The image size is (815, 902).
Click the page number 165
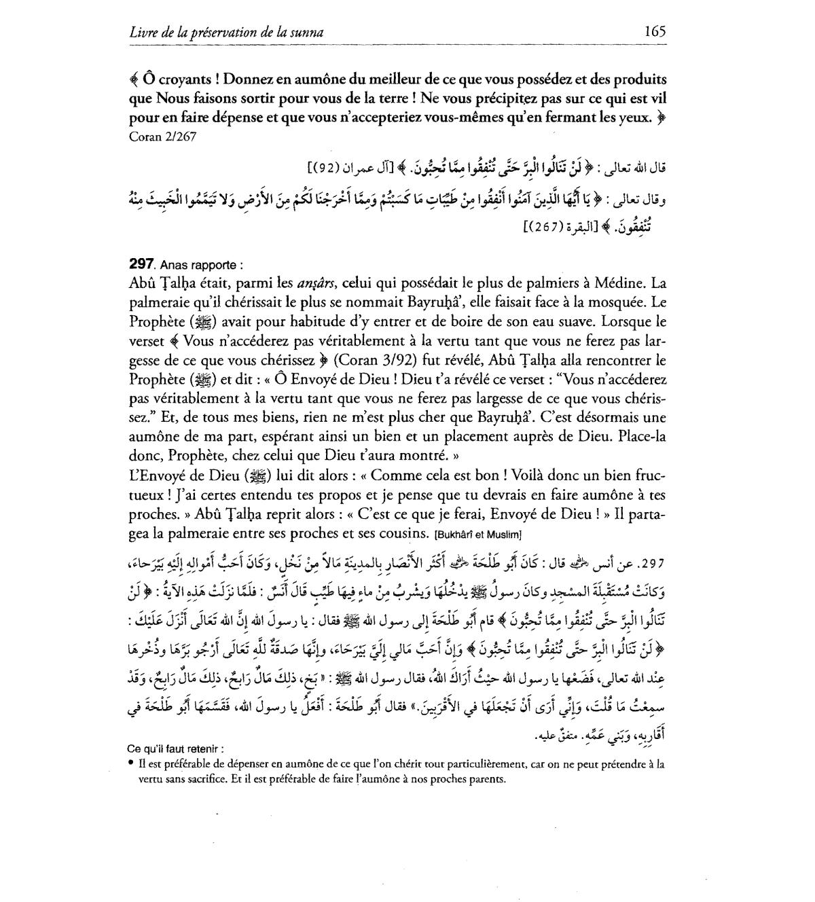click(655, 31)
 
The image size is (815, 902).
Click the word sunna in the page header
click(306, 31)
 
